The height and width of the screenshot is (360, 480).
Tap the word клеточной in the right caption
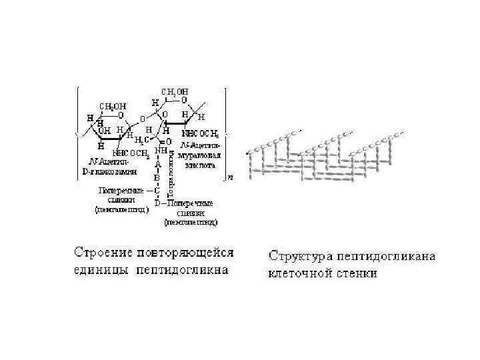[x=300, y=273]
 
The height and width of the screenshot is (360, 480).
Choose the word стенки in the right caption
[x=357, y=273]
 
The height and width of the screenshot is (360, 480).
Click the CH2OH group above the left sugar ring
[x=113, y=105]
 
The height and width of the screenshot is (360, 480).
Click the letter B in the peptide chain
[x=158, y=178]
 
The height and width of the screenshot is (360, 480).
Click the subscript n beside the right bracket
[x=230, y=177]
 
